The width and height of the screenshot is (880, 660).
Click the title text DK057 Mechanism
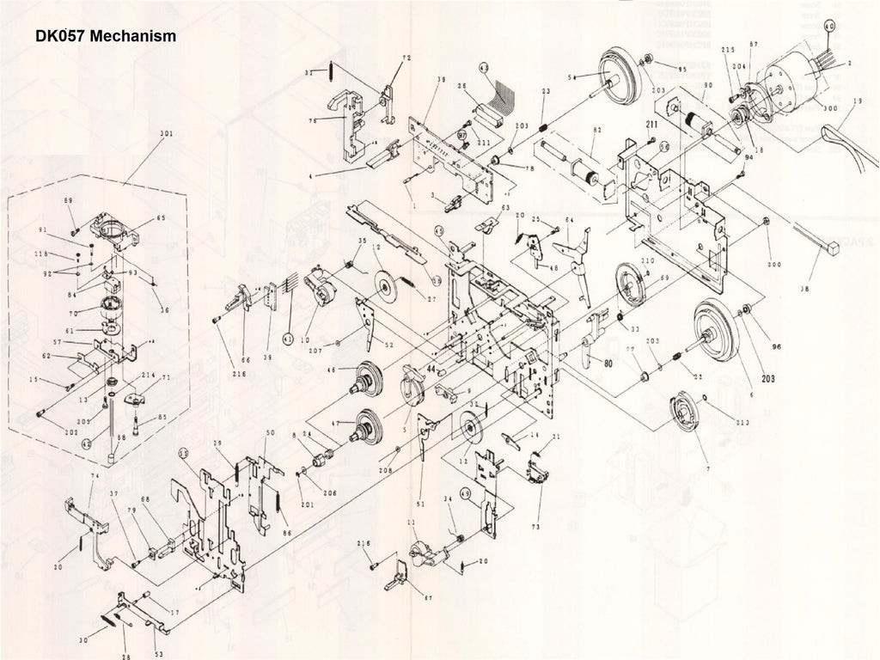coord(107,37)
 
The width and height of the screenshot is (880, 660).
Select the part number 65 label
coord(161,218)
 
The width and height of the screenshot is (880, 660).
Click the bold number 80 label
coord(608,363)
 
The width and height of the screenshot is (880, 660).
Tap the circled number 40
coord(828,27)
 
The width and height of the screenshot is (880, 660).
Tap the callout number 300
coord(830,108)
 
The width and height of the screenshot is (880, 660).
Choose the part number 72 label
coord(406,58)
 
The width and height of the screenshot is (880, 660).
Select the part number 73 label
coord(535,525)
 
